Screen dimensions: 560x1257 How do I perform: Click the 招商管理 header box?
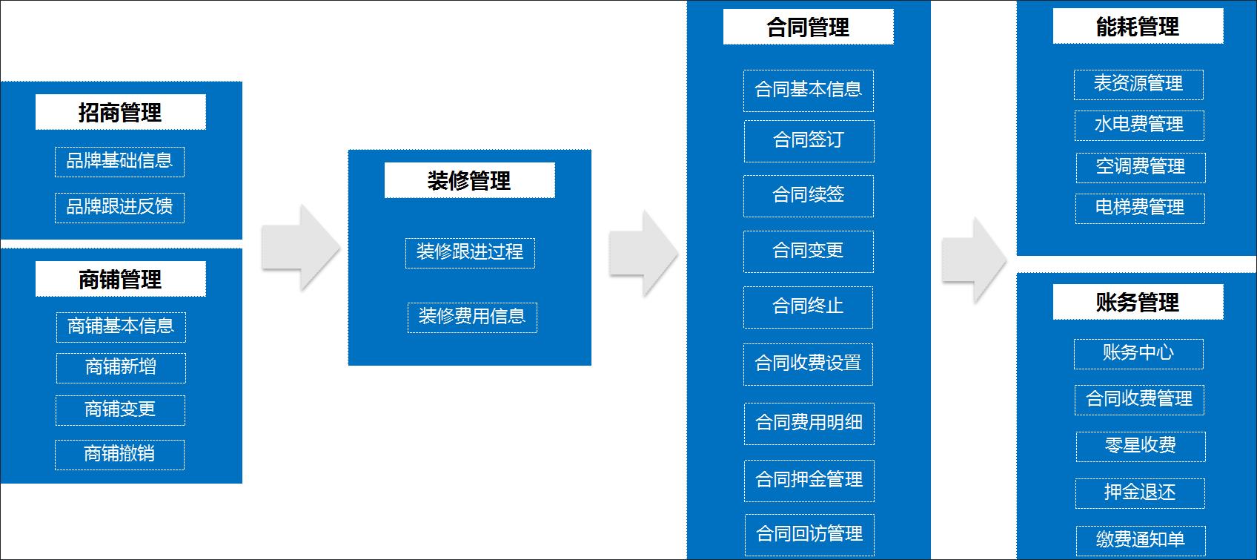pyautogui.click(x=120, y=112)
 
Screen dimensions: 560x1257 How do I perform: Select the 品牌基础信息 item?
pyautogui.click(x=119, y=161)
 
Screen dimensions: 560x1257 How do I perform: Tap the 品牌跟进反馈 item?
pyautogui.click(x=119, y=207)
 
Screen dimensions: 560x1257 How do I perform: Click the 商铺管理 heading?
pyautogui.click(x=120, y=279)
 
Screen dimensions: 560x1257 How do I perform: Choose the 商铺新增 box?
pyautogui.click(x=121, y=367)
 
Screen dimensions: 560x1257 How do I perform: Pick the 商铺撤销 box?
pyautogui.click(x=119, y=454)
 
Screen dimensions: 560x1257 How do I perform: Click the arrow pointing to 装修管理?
pyautogui.click(x=299, y=248)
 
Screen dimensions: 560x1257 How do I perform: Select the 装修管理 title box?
pyautogui.click(x=469, y=180)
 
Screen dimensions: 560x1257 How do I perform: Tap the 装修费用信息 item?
pyautogui.click(x=471, y=317)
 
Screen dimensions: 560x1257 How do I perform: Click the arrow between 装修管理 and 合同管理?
pyautogui.click(x=643, y=254)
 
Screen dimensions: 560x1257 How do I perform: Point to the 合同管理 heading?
pyautogui.click(x=808, y=27)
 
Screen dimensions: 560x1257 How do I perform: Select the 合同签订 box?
pyautogui.click(x=809, y=140)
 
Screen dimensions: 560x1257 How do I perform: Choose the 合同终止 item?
pyautogui.click(x=808, y=306)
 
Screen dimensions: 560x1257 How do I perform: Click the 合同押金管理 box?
pyautogui.click(x=809, y=480)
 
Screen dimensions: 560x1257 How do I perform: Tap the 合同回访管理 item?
pyautogui.click(x=809, y=534)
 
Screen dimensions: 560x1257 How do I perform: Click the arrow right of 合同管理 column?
pyautogui.click(x=973, y=260)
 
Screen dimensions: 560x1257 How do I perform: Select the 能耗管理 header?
pyautogui.click(x=1138, y=27)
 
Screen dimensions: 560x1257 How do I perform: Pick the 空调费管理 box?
pyautogui.click(x=1140, y=167)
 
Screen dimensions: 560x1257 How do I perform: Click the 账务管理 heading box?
pyautogui.click(x=1138, y=302)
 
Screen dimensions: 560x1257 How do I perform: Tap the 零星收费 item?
pyautogui.click(x=1140, y=446)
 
